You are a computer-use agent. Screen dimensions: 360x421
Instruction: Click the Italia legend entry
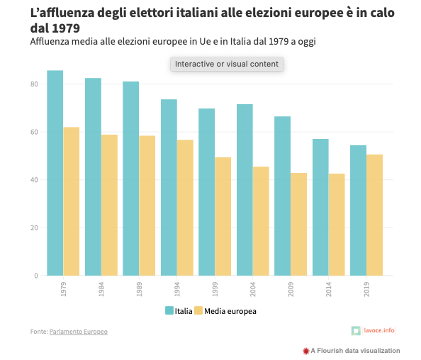[178, 310]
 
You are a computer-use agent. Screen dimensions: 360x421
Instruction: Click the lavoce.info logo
[374, 330]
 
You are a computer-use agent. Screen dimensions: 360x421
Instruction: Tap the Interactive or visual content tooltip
[227, 64]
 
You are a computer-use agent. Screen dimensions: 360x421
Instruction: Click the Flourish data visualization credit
[351, 351]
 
